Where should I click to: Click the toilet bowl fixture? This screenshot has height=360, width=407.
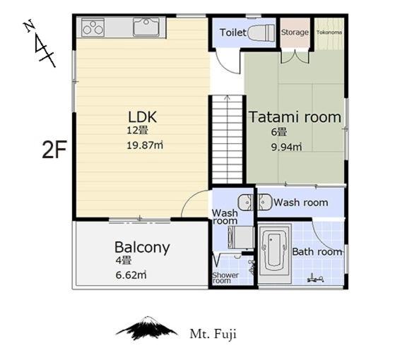(261, 33)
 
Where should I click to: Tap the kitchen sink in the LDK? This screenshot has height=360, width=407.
(146, 27)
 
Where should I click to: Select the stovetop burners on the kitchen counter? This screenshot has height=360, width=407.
(93, 28)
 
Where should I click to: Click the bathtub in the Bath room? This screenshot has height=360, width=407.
(274, 254)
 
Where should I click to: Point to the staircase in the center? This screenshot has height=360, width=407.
(227, 140)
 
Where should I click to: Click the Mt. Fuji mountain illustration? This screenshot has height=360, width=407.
(147, 328)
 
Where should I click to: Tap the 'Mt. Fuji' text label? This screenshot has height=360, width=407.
(213, 334)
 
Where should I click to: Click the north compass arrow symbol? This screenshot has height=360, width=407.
(40, 43)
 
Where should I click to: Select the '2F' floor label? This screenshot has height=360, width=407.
(54, 150)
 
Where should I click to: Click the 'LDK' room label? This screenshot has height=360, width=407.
(143, 117)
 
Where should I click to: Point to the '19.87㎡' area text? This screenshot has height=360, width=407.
(145, 145)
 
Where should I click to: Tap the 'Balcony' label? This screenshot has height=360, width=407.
(142, 248)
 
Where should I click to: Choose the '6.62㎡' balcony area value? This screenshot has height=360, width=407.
(131, 275)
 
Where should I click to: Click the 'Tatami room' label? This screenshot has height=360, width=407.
(295, 117)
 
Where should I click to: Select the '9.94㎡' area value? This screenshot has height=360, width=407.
(287, 148)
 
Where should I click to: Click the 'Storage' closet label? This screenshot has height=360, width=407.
(295, 32)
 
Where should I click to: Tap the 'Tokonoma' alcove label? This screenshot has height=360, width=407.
(329, 32)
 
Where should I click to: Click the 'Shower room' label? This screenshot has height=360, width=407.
(225, 278)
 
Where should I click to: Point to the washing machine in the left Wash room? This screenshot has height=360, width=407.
(241, 237)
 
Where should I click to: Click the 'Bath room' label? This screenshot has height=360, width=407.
(317, 251)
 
